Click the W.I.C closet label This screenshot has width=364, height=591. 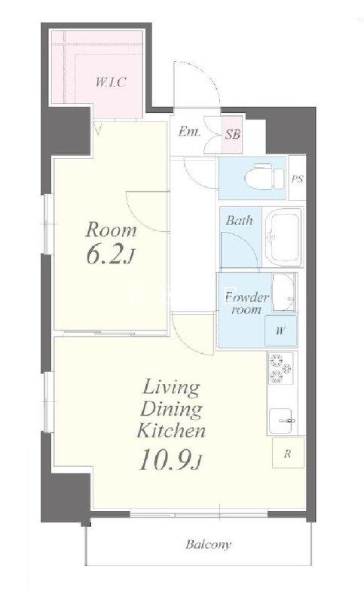[x=110, y=82]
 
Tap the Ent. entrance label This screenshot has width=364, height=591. [x=189, y=132]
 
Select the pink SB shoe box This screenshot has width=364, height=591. [x=232, y=134]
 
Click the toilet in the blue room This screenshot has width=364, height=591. [x=265, y=176]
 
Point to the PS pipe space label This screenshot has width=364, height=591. [x=297, y=179]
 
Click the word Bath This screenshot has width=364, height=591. [x=239, y=221]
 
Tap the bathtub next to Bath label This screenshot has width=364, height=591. [x=283, y=237]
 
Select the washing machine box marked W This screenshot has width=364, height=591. [x=280, y=331]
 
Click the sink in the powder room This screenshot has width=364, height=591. [x=283, y=292]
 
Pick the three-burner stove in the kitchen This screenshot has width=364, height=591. [x=280, y=369]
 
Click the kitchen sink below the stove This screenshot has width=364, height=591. [x=281, y=420]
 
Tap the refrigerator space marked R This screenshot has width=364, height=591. [x=288, y=452]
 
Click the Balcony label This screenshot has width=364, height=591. [x=208, y=544]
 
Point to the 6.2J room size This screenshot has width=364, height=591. [x=109, y=255]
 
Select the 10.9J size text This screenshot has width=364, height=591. [x=170, y=461]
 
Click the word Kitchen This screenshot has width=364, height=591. [x=171, y=431]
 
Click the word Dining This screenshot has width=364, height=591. [x=171, y=410]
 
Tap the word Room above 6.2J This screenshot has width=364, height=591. [x=111, y=230]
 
